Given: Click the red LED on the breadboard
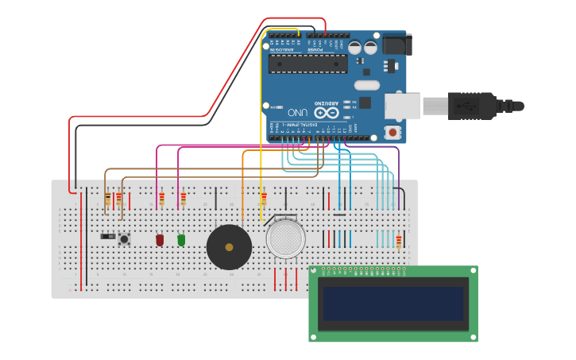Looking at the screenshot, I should click(160, 239).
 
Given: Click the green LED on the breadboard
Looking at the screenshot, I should click(181, 239).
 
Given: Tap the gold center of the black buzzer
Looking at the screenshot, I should click(230, 247).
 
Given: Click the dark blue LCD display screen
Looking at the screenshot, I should click(392, 304).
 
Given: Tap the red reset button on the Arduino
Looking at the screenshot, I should click(392, 132).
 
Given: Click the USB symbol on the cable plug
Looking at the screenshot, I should click(466, 105).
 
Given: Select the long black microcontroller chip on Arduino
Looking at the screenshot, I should click(307, 64).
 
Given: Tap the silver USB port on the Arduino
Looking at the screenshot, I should click(403, 106).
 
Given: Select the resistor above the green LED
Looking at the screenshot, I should click(183, 199).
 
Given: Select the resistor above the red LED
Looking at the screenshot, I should click(161, 199).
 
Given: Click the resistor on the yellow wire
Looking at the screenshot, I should click(263, 199).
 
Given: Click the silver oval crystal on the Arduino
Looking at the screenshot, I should click(367, 84).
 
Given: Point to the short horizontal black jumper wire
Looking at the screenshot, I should click(339, 215).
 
